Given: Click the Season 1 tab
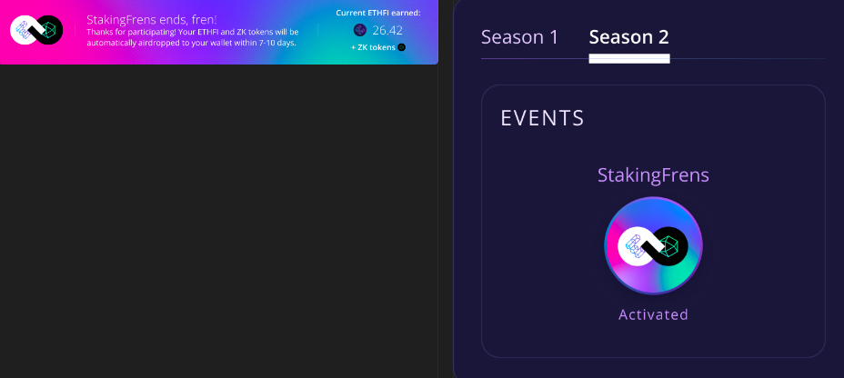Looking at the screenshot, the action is click(519, 37).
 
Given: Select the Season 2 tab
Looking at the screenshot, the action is click(628, 37).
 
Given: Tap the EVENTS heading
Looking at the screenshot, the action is click(542, 118).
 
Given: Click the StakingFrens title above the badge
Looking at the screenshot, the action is click(653, 175).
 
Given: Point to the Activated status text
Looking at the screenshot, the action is click(653, 314).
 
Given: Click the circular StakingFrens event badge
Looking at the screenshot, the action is click(653, 245).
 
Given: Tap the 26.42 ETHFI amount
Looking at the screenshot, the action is click(387, 30).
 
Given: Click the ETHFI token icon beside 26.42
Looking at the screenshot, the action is click(360, 30).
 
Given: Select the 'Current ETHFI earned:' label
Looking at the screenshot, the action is click(378, 13).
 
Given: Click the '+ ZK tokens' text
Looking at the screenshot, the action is click(373, 47).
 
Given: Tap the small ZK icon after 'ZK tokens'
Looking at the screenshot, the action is click(402, 47).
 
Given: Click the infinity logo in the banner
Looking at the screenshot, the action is click(36, 30).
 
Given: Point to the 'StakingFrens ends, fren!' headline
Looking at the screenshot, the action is click(152, 20).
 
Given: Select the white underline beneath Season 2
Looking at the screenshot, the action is click(629, 59).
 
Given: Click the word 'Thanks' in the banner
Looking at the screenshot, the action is click(99, 33).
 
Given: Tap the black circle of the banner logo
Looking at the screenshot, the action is click(48, 30).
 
